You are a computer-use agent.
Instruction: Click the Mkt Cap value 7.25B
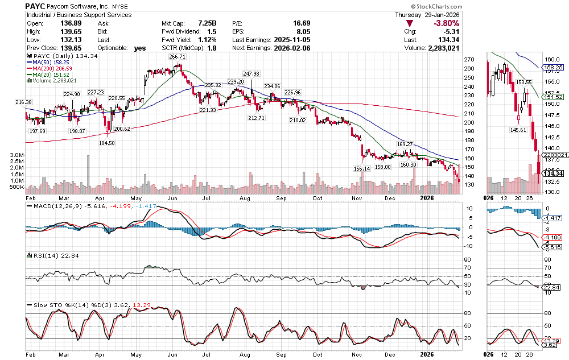click(207, 23)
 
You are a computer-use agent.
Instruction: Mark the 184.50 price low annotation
click(108, 143)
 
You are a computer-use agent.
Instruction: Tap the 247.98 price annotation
click(251, 74)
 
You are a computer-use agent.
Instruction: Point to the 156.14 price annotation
click(361, 168)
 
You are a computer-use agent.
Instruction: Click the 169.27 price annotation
click(404, 144)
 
